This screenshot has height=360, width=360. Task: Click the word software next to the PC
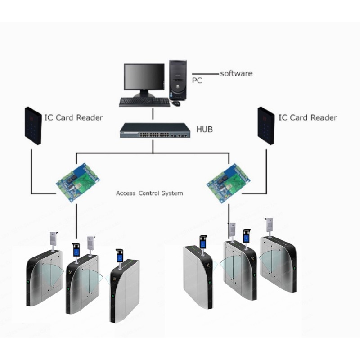click(x=236, y=73)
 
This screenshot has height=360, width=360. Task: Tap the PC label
click(x=197, y=81)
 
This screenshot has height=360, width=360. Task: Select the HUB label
click(x=205, y=129)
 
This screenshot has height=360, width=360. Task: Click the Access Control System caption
click(x=149, y=193)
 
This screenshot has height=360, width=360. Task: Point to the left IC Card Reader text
click(x=73, y=117)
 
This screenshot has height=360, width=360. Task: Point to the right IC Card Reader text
click(x=308, y=117)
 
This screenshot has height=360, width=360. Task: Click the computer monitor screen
click(x=144, y=76)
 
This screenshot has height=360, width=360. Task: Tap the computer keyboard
click(x=144, y=102)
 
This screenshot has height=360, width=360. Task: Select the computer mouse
click(x=176, y=103)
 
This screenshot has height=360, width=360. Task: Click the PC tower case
click(x=178, y=80)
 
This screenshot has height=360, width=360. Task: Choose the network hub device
click(x=155, y=130)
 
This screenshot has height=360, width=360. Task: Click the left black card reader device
click(x=33, y=126)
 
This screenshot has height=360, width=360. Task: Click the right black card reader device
click(x=266, y=126)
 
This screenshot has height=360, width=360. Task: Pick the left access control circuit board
click(x=78, y=182)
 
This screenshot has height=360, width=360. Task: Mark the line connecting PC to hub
click(x=153, y=114)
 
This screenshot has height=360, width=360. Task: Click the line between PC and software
click(x=205, y=74)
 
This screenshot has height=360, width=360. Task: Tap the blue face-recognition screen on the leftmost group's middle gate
click(x=76, y=252)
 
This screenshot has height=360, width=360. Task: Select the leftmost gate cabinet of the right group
click(x=198, y=277)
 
